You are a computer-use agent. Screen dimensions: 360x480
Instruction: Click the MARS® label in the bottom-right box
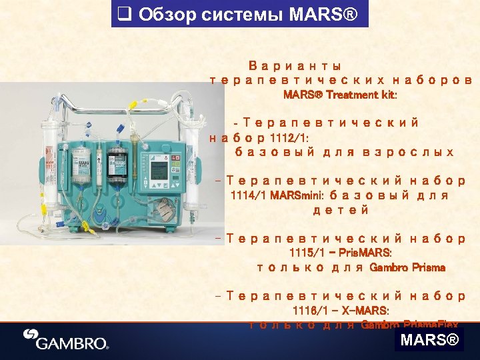point(429,341)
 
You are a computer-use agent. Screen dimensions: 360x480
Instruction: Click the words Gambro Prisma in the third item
point(407,267)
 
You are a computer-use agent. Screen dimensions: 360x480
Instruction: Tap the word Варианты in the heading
point(295,67)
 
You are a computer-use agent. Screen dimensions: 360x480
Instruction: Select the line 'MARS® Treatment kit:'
point(340,95)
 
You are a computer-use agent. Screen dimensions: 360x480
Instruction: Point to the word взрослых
point(408,152)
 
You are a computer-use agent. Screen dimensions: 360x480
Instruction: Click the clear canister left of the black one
point(81,165)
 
